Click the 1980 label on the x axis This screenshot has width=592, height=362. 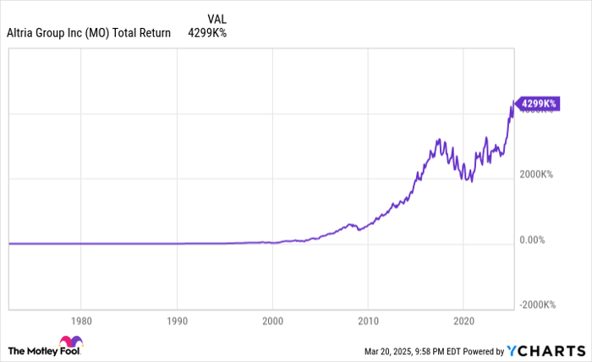80,321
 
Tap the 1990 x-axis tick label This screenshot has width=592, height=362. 176,321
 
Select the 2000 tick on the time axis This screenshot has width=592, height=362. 272,321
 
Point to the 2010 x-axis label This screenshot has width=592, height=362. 368,321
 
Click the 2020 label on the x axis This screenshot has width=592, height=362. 463,321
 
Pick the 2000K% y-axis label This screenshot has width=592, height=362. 536,174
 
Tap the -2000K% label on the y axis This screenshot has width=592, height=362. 538,304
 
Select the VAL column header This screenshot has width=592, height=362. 217,18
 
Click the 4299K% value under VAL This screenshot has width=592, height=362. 201,34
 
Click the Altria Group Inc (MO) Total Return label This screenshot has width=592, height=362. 89,34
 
